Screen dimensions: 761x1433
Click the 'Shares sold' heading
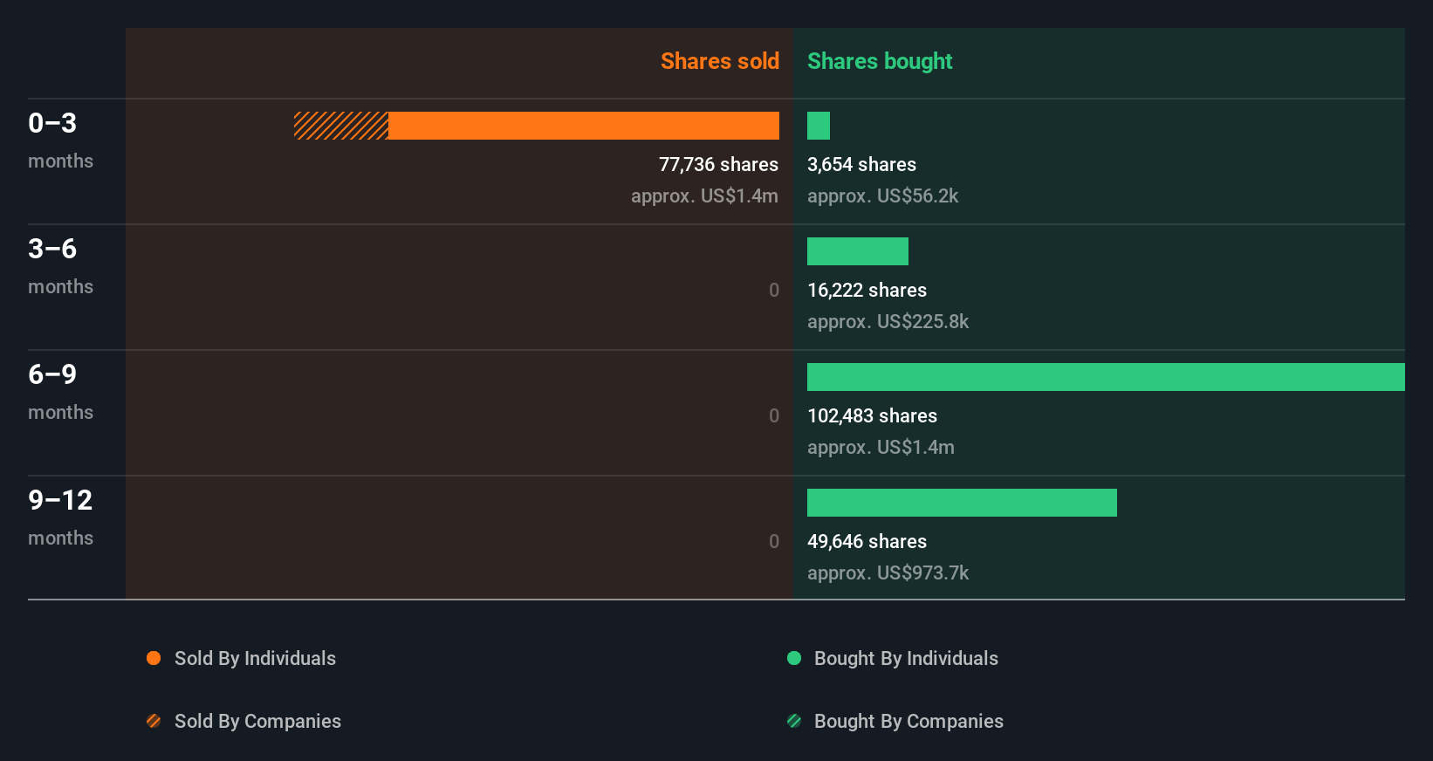click(x=719, y=61)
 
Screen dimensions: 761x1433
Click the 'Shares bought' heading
click(x=879, y=61)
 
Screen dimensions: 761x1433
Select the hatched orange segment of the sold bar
click(x=340, y=126)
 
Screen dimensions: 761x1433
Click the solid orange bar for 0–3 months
click(x=583, y=126)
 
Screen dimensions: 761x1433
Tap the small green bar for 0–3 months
click(x=818, y=126)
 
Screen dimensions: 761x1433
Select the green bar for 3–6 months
click(x=857, y=251)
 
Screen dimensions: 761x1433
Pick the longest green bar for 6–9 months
click(x=1105, y=377)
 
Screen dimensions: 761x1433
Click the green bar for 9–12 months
click(x=961, y=503)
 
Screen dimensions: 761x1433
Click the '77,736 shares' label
click(x=718, y=164)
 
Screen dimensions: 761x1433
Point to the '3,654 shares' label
click(x=861, y=164)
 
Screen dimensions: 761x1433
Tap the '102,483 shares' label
click(x=872, y=415)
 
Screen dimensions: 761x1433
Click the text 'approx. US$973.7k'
click(x=888, y=572)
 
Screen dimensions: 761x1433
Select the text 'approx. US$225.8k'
click(x=888, y=321)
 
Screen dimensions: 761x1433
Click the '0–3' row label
click(x=52, y=123)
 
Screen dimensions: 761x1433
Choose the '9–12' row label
click(x=60, y=500)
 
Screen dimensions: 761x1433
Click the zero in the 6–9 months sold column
click(x=773, y=415)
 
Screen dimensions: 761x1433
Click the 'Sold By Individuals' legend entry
click(x=255, y=658)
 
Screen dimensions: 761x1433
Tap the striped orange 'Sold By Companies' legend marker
click(x=154, y=721)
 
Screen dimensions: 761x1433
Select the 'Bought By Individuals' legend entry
click(x=905, y=658)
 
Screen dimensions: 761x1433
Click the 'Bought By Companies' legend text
click(x=908, y=721)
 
